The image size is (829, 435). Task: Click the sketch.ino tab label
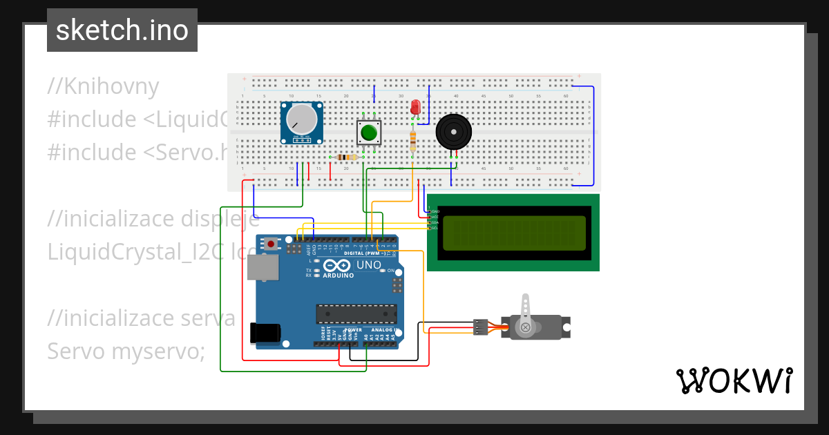tap(122, 30)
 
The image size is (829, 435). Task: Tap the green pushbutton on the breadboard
tap(369, 131)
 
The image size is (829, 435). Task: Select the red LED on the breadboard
tap(414, 107)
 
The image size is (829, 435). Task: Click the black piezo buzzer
tap(453, 131)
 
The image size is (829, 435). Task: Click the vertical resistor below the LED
tap(413, 140)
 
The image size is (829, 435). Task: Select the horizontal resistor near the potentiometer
tap(346, 157)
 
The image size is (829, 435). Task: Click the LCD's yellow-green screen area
tap(513, 233)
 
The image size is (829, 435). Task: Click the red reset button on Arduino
tap(271, 244)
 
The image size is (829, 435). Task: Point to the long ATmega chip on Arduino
tap(356, 313)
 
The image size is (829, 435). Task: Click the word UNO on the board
tap(368, 265)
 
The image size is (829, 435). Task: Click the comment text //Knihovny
tap(104, 86)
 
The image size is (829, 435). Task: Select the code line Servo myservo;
tap(126, 351)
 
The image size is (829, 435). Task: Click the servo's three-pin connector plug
tap(480, 327)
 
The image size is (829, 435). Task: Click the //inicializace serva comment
tap(141, 318)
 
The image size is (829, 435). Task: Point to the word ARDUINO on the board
tap(338, 275)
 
